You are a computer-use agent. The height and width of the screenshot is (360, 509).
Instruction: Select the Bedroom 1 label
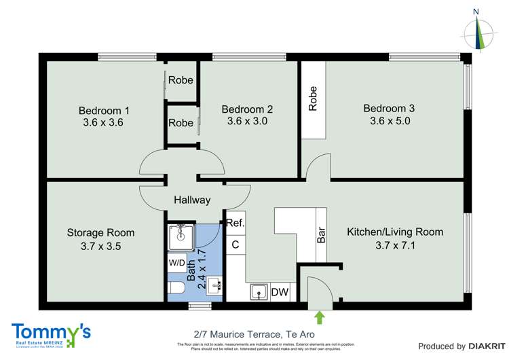point(104,111)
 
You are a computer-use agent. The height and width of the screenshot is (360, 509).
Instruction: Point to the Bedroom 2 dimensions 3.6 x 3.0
point(247,122)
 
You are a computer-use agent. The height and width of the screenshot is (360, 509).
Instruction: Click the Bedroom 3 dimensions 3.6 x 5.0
point(390,122)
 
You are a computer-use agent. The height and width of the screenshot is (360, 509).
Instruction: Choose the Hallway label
point(192,200)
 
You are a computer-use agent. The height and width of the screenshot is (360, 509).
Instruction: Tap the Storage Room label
point(100,232)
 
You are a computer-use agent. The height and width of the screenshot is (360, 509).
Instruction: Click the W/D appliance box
point(176,262)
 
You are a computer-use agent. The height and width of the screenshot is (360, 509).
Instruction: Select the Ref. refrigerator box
point(235,223)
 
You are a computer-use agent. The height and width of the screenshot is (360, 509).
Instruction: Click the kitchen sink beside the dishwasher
point(257,292)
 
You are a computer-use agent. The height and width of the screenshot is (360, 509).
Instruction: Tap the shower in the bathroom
point(181,236)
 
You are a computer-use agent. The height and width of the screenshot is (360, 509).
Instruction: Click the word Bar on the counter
point(322,235)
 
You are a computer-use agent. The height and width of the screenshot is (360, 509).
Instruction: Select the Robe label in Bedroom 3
point(313,98)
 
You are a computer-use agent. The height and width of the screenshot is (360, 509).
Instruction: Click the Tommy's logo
point(51,332)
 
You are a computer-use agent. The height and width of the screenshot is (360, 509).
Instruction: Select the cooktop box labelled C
point(235,244)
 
